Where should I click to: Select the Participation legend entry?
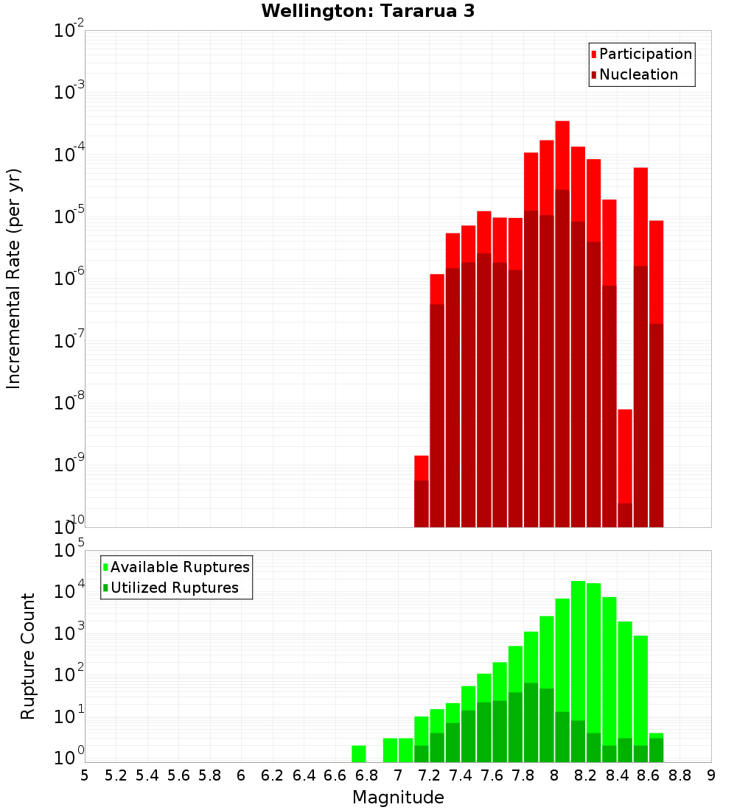click(646, 54)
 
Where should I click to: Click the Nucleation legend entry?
click(638, 74)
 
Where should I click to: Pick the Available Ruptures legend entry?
click(180, 567)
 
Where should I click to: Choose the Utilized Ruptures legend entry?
click(174, 588)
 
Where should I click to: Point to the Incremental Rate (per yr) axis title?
click(14, 278)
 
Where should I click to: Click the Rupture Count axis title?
click(28, 656)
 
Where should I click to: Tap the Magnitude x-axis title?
click(398, 797)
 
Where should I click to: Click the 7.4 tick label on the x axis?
click(461, 775)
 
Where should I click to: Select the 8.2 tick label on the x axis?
click(586, 775)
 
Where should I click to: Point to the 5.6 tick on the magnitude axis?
click(178, 775)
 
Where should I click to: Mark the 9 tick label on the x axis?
click(711, 775)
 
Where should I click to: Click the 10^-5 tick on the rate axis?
click(69, 216)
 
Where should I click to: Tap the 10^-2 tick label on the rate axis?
click(69, 30)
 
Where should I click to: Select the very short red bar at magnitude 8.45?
click(625, 456)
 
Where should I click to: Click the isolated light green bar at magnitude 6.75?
click(359, 753)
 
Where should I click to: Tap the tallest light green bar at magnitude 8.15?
click(578, 648)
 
